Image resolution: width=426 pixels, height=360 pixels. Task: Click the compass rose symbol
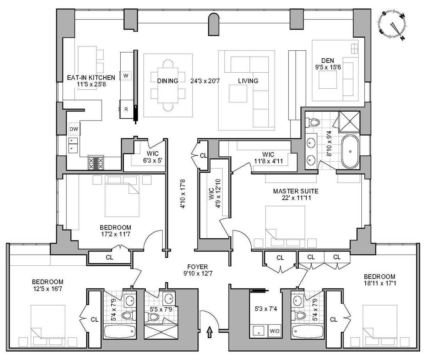coord(393,26)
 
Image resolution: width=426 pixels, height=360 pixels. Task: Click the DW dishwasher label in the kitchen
coord(73,129)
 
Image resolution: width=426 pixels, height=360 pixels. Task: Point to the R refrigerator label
coord(126,109)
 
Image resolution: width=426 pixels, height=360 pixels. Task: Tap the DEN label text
coord(327,61)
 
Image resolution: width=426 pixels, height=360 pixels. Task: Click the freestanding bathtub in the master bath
coord(350,152)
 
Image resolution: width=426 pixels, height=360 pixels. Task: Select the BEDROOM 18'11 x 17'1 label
coord(379,280)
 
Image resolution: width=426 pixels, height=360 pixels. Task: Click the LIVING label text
coord(248,81)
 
